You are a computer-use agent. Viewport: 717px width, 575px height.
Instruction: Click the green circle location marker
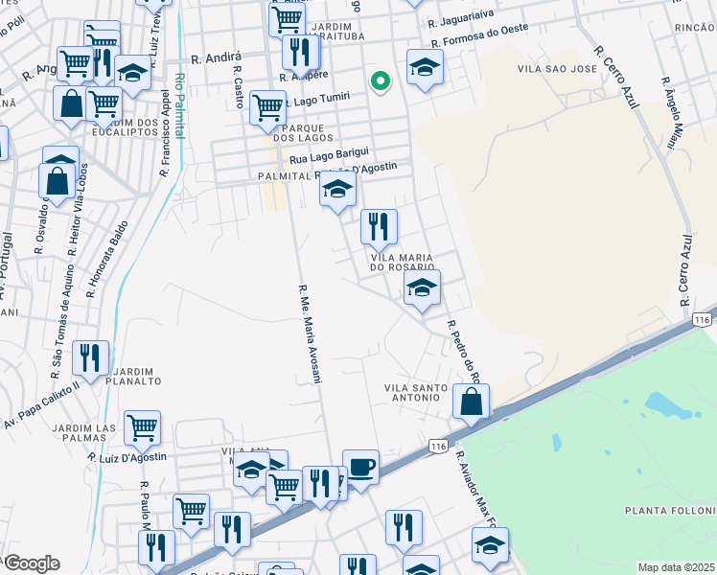380,80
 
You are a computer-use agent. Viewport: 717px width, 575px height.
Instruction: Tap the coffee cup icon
360,468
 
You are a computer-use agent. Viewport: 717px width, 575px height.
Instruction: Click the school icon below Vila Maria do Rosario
422,288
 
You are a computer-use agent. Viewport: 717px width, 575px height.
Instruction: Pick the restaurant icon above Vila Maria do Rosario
379,227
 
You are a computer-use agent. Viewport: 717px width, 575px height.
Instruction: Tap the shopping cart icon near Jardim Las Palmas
142,427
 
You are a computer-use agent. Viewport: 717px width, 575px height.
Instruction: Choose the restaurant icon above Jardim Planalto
90,358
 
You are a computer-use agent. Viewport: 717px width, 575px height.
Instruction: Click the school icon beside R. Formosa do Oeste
425,67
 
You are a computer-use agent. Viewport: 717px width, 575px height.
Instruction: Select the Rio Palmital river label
179,106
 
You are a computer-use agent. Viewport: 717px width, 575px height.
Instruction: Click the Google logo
31,563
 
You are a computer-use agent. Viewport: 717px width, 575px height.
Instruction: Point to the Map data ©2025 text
676,567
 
